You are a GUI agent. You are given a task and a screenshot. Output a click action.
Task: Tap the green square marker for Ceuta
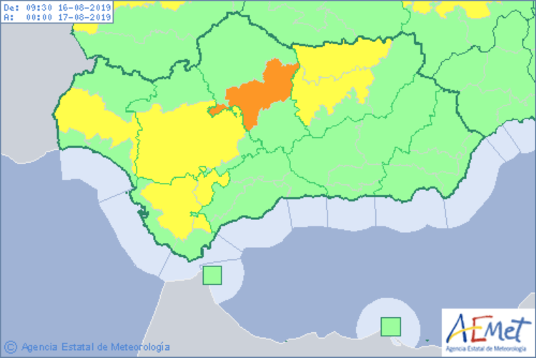[213, 276]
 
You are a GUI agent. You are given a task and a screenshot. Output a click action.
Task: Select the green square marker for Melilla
[390, 326]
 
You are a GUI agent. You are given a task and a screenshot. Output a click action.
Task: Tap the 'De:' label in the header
[10, 6]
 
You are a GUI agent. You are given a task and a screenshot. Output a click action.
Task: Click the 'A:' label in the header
[7, 17]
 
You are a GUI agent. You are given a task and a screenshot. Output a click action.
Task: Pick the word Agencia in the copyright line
[39, 347]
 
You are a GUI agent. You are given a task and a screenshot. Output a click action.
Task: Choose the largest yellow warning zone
[186, 139]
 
